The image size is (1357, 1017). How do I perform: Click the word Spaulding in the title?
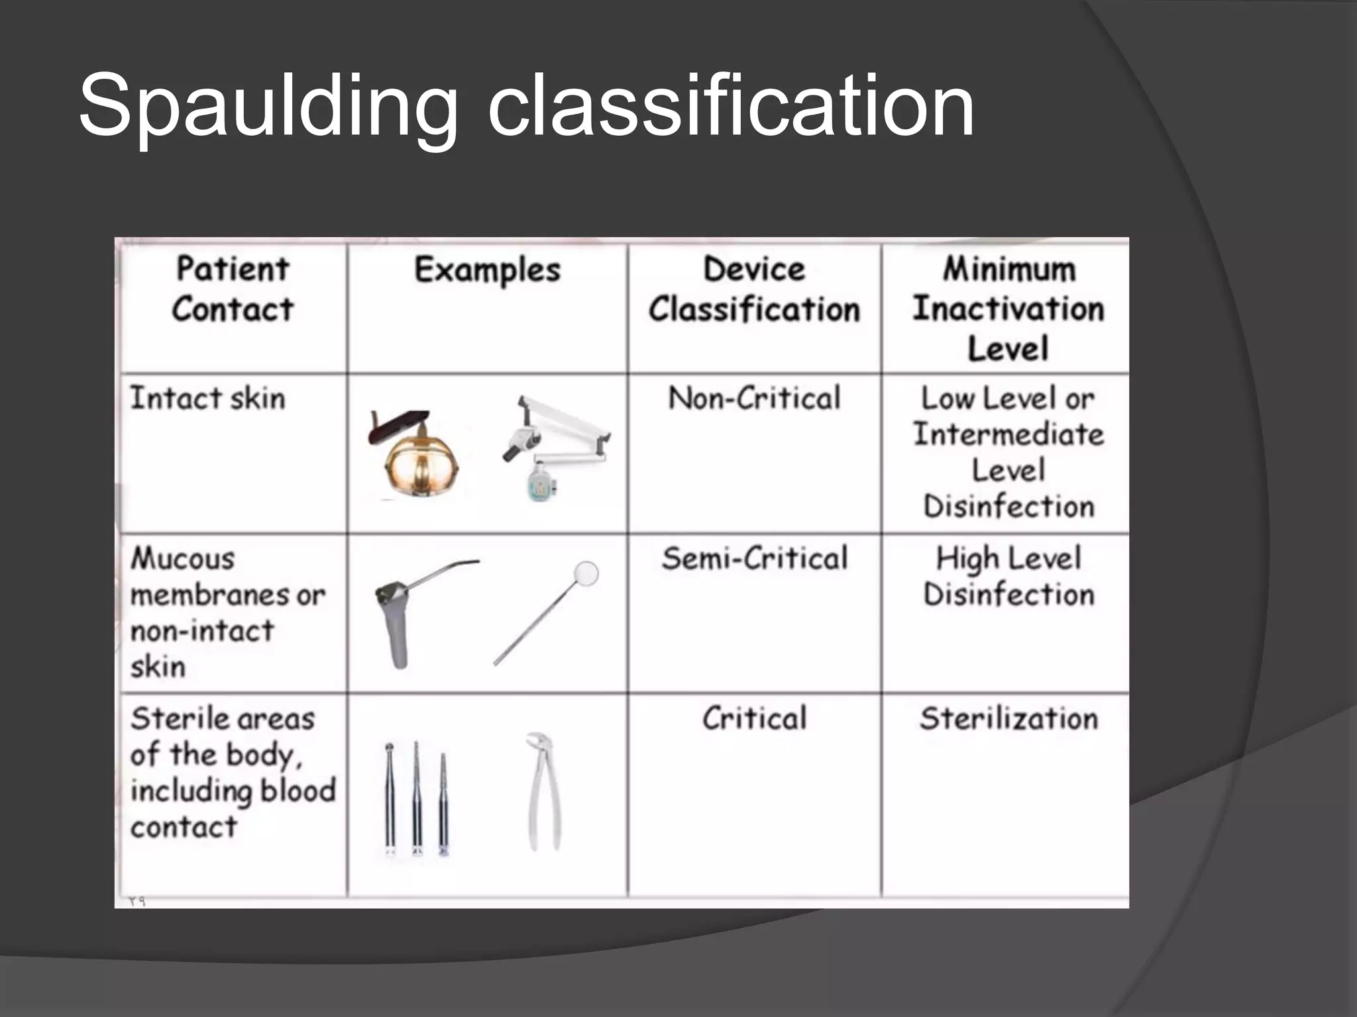tap(268, 106)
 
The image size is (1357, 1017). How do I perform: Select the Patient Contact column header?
tap(233, 289)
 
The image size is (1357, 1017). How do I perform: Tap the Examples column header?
tap(487, 270)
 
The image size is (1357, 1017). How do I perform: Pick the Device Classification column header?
tap(754, 289)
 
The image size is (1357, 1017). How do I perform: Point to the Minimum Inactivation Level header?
tap(1008, 309)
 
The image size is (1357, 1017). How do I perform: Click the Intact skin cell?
tap(207, 399)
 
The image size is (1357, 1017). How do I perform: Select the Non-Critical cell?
tap(754, 399)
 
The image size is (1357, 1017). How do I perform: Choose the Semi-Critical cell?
tap(754, 559)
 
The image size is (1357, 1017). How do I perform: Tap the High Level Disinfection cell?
tap(1008, 576)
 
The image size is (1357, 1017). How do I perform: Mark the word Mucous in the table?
tap(183, 559)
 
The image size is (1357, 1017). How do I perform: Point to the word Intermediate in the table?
tap(1008, 435)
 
